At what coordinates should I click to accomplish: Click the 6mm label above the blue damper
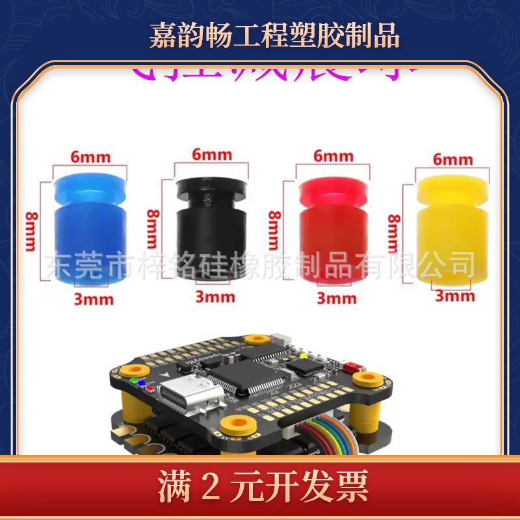tap(91, 157)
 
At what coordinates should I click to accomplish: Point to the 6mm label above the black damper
tap(212, 155)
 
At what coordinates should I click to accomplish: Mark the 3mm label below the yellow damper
tap(455, 296)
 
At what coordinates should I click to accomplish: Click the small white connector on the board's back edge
tap(281, 340)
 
